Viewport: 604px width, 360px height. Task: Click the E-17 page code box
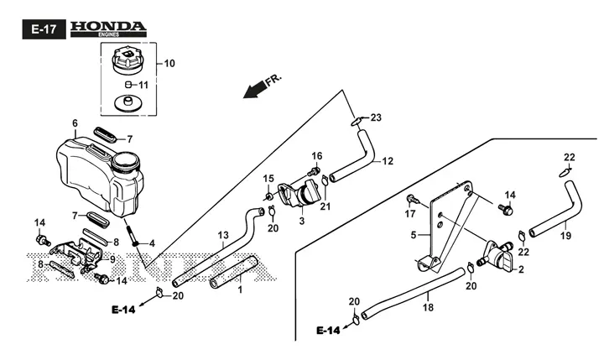(x=44, y=29)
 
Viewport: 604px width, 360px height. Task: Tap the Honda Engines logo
(x=108, y=29)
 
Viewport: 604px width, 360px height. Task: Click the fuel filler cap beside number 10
(x=128, y=61)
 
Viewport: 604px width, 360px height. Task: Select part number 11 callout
(x=143, y=85)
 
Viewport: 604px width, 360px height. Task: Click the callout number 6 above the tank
(x=75, y=123)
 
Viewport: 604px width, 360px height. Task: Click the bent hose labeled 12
(x=352, y=156)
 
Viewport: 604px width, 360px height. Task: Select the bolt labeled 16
(x=315, y=170)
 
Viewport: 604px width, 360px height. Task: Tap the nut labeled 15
(x=268, y=196)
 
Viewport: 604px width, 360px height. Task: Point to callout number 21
(x=325, y=206)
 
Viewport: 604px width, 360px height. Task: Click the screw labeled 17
(x=411, y=200)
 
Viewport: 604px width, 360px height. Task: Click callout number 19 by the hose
(x=565, y=235)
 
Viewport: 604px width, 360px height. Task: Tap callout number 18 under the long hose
(x=428, y=307)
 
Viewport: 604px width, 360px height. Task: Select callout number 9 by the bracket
(x=112, y=259)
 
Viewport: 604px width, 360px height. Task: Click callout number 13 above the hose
(x=223, y=235)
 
